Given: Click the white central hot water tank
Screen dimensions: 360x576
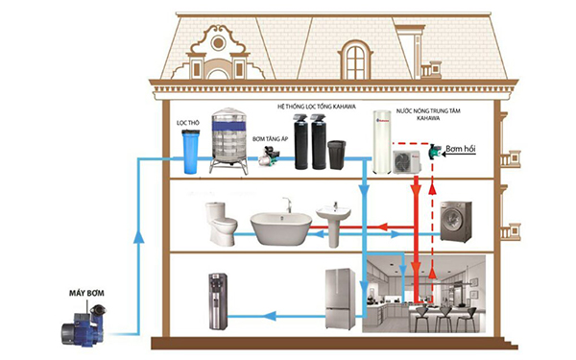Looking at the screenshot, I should point(387,144).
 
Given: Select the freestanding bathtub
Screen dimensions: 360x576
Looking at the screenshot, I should point(281,228).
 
